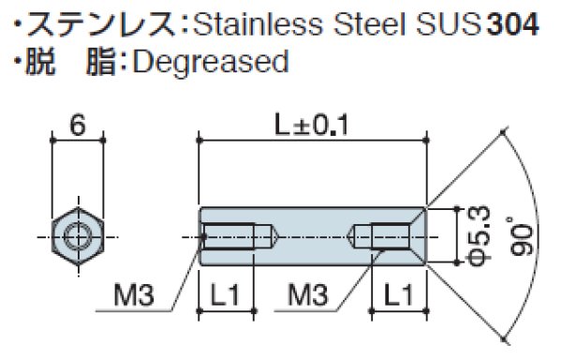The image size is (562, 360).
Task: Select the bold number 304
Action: (512, 22)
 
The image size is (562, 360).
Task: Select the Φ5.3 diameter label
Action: (475, 234)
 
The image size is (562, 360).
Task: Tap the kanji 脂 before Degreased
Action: (97, 63)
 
